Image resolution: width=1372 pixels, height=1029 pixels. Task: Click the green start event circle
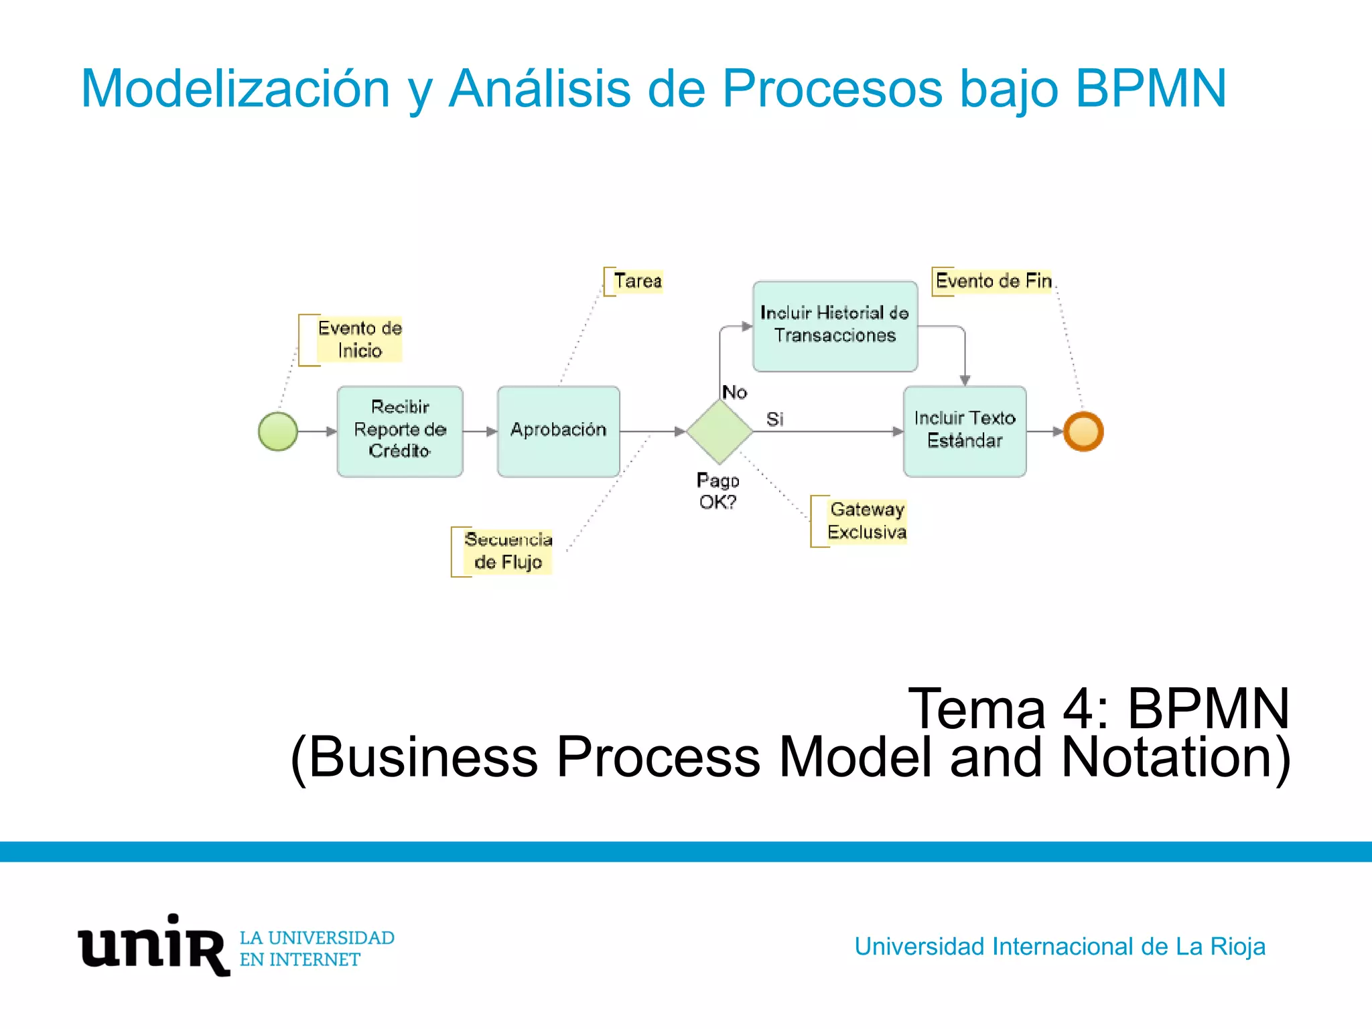(278, 431)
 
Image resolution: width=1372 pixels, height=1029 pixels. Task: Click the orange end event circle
(1083, 431)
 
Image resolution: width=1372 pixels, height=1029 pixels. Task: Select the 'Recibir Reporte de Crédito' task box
(400, 431)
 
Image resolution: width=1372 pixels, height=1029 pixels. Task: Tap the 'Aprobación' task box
(558, 431)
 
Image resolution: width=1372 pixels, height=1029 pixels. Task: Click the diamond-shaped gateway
(719, 431)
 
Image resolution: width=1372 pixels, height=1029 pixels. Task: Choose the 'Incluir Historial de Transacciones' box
(835, 326)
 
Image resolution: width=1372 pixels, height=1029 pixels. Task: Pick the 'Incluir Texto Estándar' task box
(965, 431)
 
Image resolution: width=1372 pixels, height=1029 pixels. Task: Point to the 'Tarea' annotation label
(637, 281)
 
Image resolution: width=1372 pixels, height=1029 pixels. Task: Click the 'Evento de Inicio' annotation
(359, 340)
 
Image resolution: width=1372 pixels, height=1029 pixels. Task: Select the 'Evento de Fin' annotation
(993, 281)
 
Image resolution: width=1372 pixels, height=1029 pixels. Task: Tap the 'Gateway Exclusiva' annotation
(866, 521)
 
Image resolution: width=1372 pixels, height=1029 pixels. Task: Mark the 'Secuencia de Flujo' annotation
(508, 551)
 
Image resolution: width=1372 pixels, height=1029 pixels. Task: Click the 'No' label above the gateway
(734, 393)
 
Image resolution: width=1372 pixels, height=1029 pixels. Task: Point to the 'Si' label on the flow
(774, 419)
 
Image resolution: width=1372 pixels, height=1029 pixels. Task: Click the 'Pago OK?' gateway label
(717, 491)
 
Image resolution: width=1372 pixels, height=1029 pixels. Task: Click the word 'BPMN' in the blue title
(1150, 88)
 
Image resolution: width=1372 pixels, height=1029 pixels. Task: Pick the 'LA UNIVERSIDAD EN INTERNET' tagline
(317, 949)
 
